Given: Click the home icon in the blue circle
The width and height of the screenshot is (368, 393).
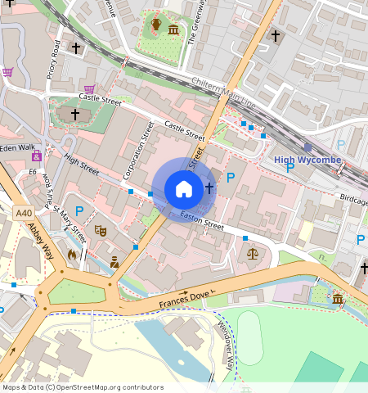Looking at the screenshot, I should pos(184,189).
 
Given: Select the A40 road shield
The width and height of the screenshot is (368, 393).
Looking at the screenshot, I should pos(24,213).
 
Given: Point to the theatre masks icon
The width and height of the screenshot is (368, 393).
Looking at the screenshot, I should pos(101,231).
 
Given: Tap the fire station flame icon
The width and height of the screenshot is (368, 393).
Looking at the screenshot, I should pos(72,255).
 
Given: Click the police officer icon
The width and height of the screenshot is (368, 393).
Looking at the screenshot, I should pos(114,261).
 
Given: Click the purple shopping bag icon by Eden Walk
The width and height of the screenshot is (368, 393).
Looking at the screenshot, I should pos(37,156).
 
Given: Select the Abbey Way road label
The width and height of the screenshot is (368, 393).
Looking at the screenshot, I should pos(40,241).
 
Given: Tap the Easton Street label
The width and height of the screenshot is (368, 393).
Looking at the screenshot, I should pos(202,219).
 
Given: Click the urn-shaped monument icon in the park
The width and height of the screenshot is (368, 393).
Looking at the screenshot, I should pos(155,25).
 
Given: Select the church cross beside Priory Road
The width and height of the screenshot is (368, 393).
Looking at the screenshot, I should pos(76,49).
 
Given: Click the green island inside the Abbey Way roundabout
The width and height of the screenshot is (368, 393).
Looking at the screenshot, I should pos(77,291).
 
